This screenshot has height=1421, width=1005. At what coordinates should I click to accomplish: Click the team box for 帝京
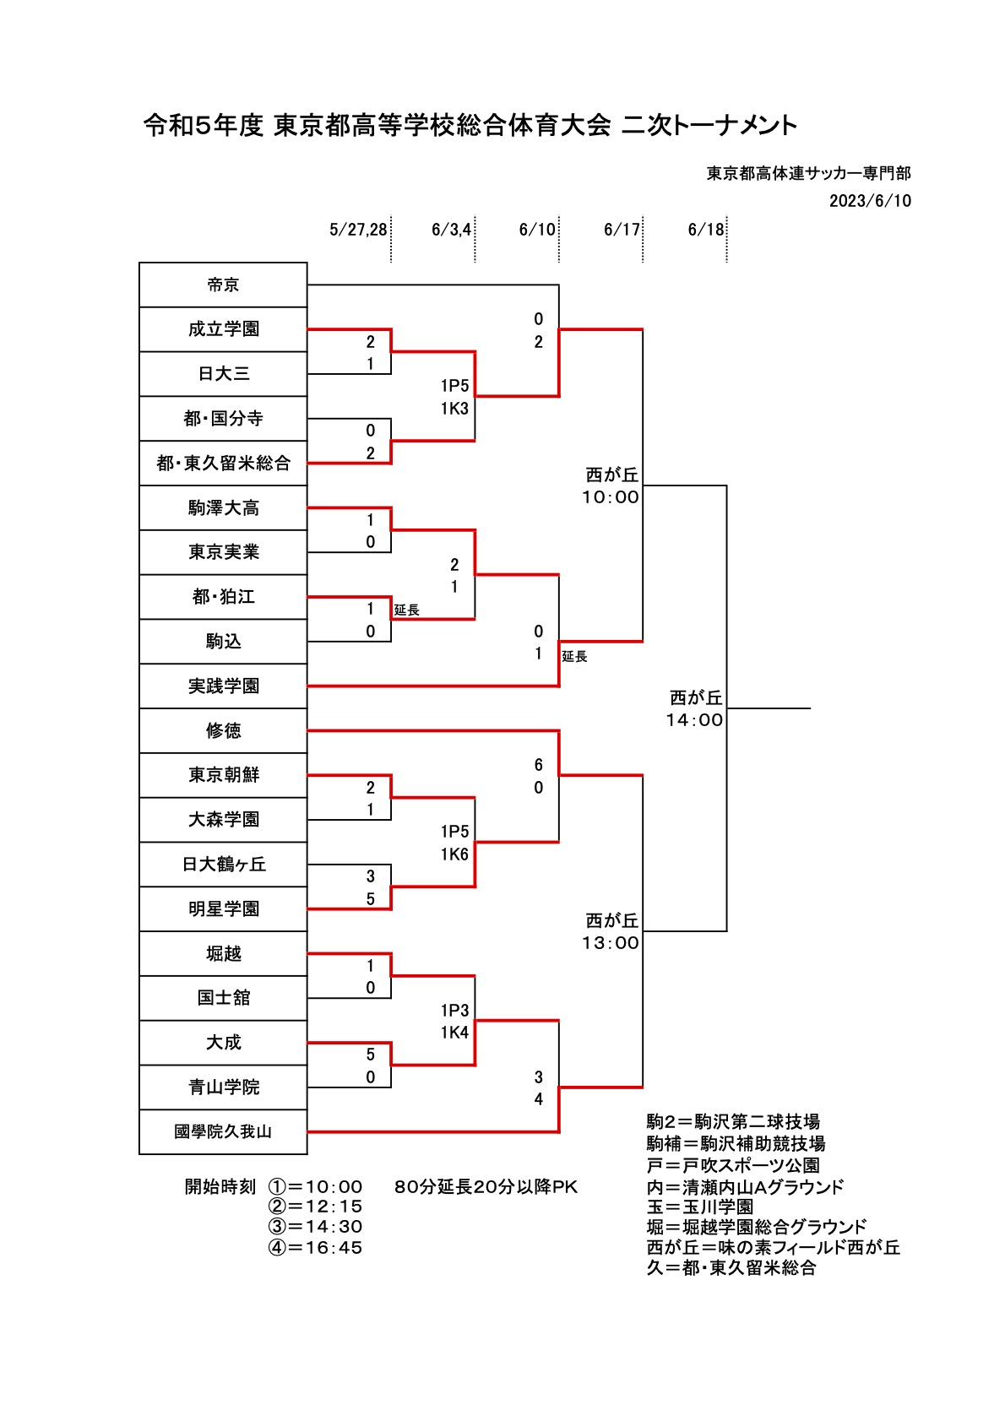223,285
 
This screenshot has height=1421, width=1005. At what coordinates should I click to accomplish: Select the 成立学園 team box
223,329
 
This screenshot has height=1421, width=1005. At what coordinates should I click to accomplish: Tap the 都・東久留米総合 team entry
223,463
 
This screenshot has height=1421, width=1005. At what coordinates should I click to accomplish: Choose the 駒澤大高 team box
223,507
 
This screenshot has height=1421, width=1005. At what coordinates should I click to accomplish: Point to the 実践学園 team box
223,686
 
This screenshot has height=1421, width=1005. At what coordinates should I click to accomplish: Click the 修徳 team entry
223,731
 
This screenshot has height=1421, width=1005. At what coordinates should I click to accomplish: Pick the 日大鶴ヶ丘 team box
223,864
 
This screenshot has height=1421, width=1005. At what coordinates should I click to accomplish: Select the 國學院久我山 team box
223,1131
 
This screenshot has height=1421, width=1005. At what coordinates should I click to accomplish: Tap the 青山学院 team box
223,1087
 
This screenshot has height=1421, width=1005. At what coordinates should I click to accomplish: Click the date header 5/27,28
358,230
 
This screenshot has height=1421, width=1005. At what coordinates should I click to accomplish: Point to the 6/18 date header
705,230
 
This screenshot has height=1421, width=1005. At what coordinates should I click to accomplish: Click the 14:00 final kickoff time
694,720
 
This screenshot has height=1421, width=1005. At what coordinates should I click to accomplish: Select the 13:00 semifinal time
611,942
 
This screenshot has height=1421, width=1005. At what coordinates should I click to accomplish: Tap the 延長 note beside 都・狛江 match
407,610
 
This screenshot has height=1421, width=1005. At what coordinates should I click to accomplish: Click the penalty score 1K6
454,854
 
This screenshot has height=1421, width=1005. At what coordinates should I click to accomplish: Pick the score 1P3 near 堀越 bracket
454,1010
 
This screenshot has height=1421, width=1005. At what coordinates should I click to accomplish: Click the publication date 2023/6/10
870,201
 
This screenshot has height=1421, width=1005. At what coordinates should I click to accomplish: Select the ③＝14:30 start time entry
315,1226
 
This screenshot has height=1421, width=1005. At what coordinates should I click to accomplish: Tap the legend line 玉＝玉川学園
700,1207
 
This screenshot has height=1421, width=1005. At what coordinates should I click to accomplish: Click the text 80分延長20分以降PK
486,1187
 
